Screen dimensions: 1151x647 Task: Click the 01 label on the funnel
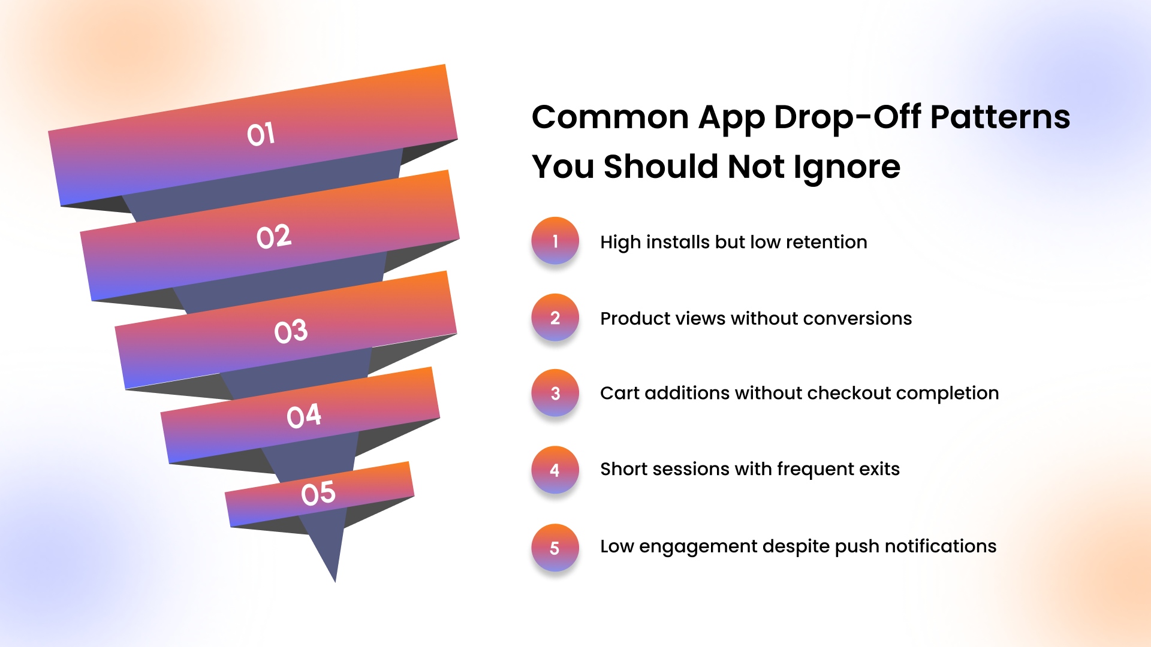click(261, 134)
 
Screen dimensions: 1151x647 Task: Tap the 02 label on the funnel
click(274, 237)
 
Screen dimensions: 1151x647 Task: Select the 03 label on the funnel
click(291, 331)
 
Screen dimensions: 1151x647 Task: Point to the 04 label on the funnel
click(304, 416)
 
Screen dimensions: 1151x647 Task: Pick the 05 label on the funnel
click(318, 494)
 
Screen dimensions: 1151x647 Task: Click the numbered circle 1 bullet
click(555, 241)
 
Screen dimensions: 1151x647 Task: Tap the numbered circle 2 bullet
click(555, 318)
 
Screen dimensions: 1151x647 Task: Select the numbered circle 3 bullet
click(555, 393)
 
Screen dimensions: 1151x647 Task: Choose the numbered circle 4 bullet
click(555, 470)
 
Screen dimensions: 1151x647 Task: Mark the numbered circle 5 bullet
click(555, 548)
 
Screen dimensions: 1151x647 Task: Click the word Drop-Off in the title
click(847, 117)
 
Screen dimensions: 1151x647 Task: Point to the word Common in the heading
click(610, 117)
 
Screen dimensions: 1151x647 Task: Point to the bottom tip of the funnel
click(335, 581)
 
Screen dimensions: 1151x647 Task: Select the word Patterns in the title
click(1000, 117)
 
